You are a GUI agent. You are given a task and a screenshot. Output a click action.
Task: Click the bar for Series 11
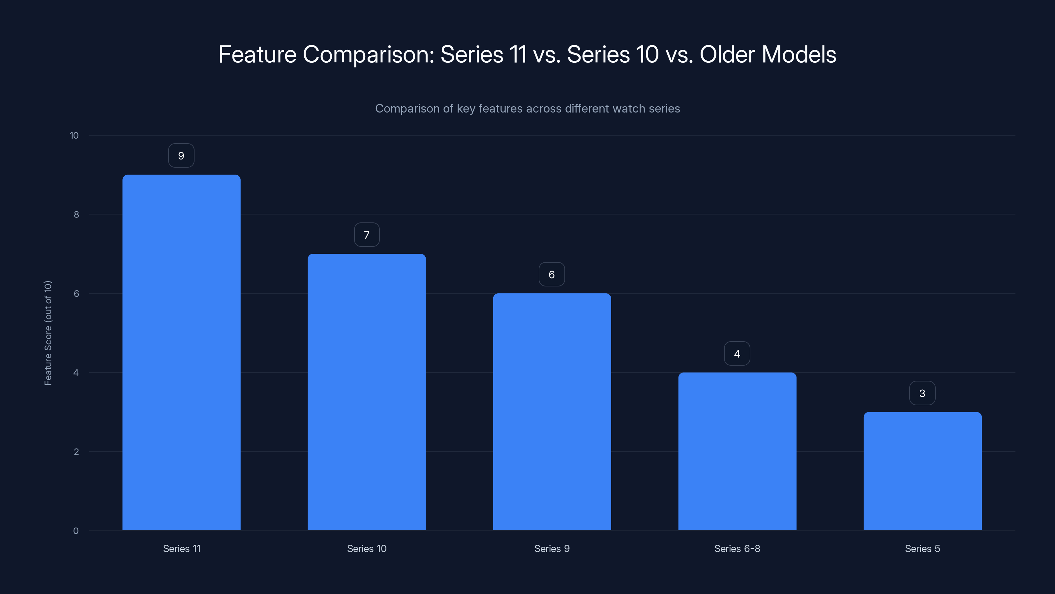[x=181, y=352]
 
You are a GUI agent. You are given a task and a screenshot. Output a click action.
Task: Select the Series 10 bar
[x=367, y=392]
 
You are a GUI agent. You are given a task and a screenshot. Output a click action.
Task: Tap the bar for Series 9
[x=552, y=412]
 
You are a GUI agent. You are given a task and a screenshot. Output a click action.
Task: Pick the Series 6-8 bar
[x=737, y=451]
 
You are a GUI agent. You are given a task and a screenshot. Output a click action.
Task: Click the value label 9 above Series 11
[x=181, y=156]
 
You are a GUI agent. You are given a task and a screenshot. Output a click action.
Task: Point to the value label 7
[x=367, y=235]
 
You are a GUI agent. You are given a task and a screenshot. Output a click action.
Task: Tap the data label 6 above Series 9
[x=552, y=275]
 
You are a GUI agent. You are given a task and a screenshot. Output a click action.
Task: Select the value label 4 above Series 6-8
[x=737, y=354]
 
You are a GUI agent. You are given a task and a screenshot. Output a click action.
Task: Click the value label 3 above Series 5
[x=922, y=394]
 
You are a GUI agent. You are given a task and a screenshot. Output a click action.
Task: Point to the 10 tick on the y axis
[x=74, y=135]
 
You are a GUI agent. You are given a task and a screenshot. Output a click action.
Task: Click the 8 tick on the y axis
[x=76, y=214]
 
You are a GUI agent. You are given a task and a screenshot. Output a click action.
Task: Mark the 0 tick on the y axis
[x=76, y=531]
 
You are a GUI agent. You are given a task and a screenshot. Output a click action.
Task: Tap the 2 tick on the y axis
[x=76, y=452]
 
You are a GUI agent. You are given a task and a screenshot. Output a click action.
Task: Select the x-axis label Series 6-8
[x=737, y=548]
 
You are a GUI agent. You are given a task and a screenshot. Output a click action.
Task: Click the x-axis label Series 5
[x=922, y=548]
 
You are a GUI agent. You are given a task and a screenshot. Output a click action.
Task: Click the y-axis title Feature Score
[x=48, y=333]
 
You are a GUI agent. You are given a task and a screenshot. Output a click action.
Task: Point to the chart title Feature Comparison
[x=527, y=54]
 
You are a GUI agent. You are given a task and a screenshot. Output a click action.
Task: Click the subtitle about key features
[x=527, y=109]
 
